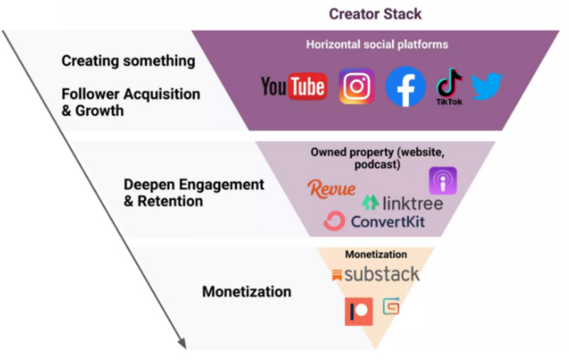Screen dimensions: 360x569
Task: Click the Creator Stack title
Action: tap(374, 14)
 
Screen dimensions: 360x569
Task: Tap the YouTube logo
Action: tap(294, 87)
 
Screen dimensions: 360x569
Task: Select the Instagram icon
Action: tap(356, 87)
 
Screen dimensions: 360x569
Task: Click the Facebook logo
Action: tap(405, 87)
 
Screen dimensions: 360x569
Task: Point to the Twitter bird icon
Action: tap(486, 86)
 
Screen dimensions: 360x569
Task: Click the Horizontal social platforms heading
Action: tap(377, 44)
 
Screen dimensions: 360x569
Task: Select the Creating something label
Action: tap(128, 60)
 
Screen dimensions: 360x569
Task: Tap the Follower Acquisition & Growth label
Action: tap(130, 102)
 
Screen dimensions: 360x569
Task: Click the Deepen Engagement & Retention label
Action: tap(193, 193)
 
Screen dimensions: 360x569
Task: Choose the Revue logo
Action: tap(331, 189)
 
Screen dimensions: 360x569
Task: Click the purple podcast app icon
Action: tap(442, 181)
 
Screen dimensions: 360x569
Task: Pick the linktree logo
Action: tap(402, 203)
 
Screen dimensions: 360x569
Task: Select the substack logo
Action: tap(376, 275)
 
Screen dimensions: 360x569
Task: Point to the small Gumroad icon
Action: tap(391, 306)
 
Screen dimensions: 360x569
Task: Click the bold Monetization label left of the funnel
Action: tap(246, 292)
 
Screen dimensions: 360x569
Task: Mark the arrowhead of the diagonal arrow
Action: tap(182, 344)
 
